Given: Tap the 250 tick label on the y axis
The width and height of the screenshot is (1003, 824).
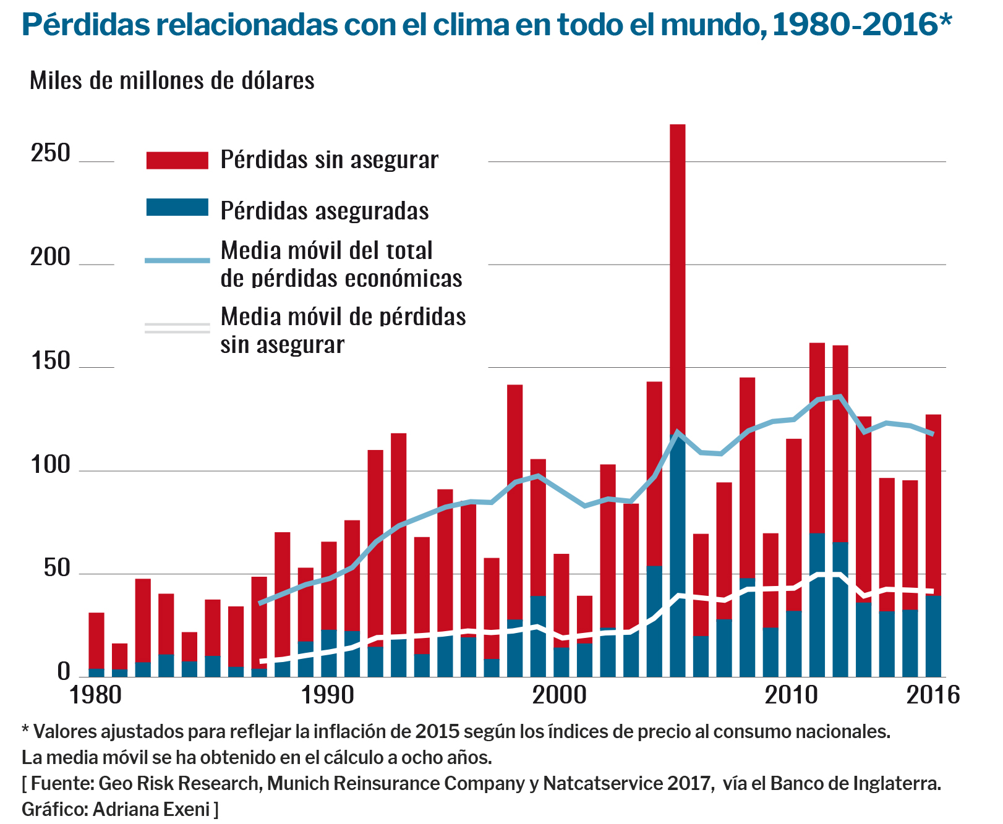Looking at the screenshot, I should (51, 153).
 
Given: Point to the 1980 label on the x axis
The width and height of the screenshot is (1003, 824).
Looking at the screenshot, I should (95, 695).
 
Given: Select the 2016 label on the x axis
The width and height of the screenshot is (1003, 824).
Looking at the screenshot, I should (933, 695).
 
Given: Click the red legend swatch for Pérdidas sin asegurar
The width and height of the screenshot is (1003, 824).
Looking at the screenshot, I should (177, 160).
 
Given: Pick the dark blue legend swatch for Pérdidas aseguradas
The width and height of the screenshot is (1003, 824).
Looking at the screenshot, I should (177, 208).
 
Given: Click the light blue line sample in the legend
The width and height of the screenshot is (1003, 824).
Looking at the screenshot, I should (177, 261).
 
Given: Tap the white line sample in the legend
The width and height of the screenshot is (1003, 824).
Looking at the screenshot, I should (177, 328).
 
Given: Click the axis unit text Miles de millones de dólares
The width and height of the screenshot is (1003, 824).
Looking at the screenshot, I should (172, 81).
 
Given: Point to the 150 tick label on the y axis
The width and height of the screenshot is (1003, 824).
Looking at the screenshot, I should (51, 361).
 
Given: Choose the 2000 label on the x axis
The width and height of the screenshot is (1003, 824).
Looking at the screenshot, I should (560, 695).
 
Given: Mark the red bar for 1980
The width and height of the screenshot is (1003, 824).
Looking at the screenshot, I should (96, 640).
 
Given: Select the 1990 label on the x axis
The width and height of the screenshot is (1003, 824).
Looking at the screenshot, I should (328, 695).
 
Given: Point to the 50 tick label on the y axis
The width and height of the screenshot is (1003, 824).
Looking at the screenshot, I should (57, 569).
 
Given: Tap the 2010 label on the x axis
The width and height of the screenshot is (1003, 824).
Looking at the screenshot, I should (792, 695).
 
